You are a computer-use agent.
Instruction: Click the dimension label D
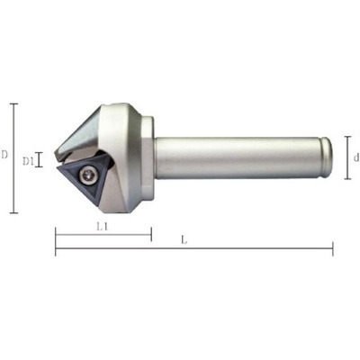click(4, 155)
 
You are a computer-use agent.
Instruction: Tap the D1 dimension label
click(28, 162)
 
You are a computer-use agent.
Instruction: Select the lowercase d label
click(356, 157)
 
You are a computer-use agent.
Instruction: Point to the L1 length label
click(103, 227)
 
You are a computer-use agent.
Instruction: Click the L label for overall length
click(184, 240)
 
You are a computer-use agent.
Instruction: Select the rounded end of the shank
click(326, 157)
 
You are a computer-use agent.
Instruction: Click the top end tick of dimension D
click(13, 103)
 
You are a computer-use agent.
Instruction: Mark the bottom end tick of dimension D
click(13, 213)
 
